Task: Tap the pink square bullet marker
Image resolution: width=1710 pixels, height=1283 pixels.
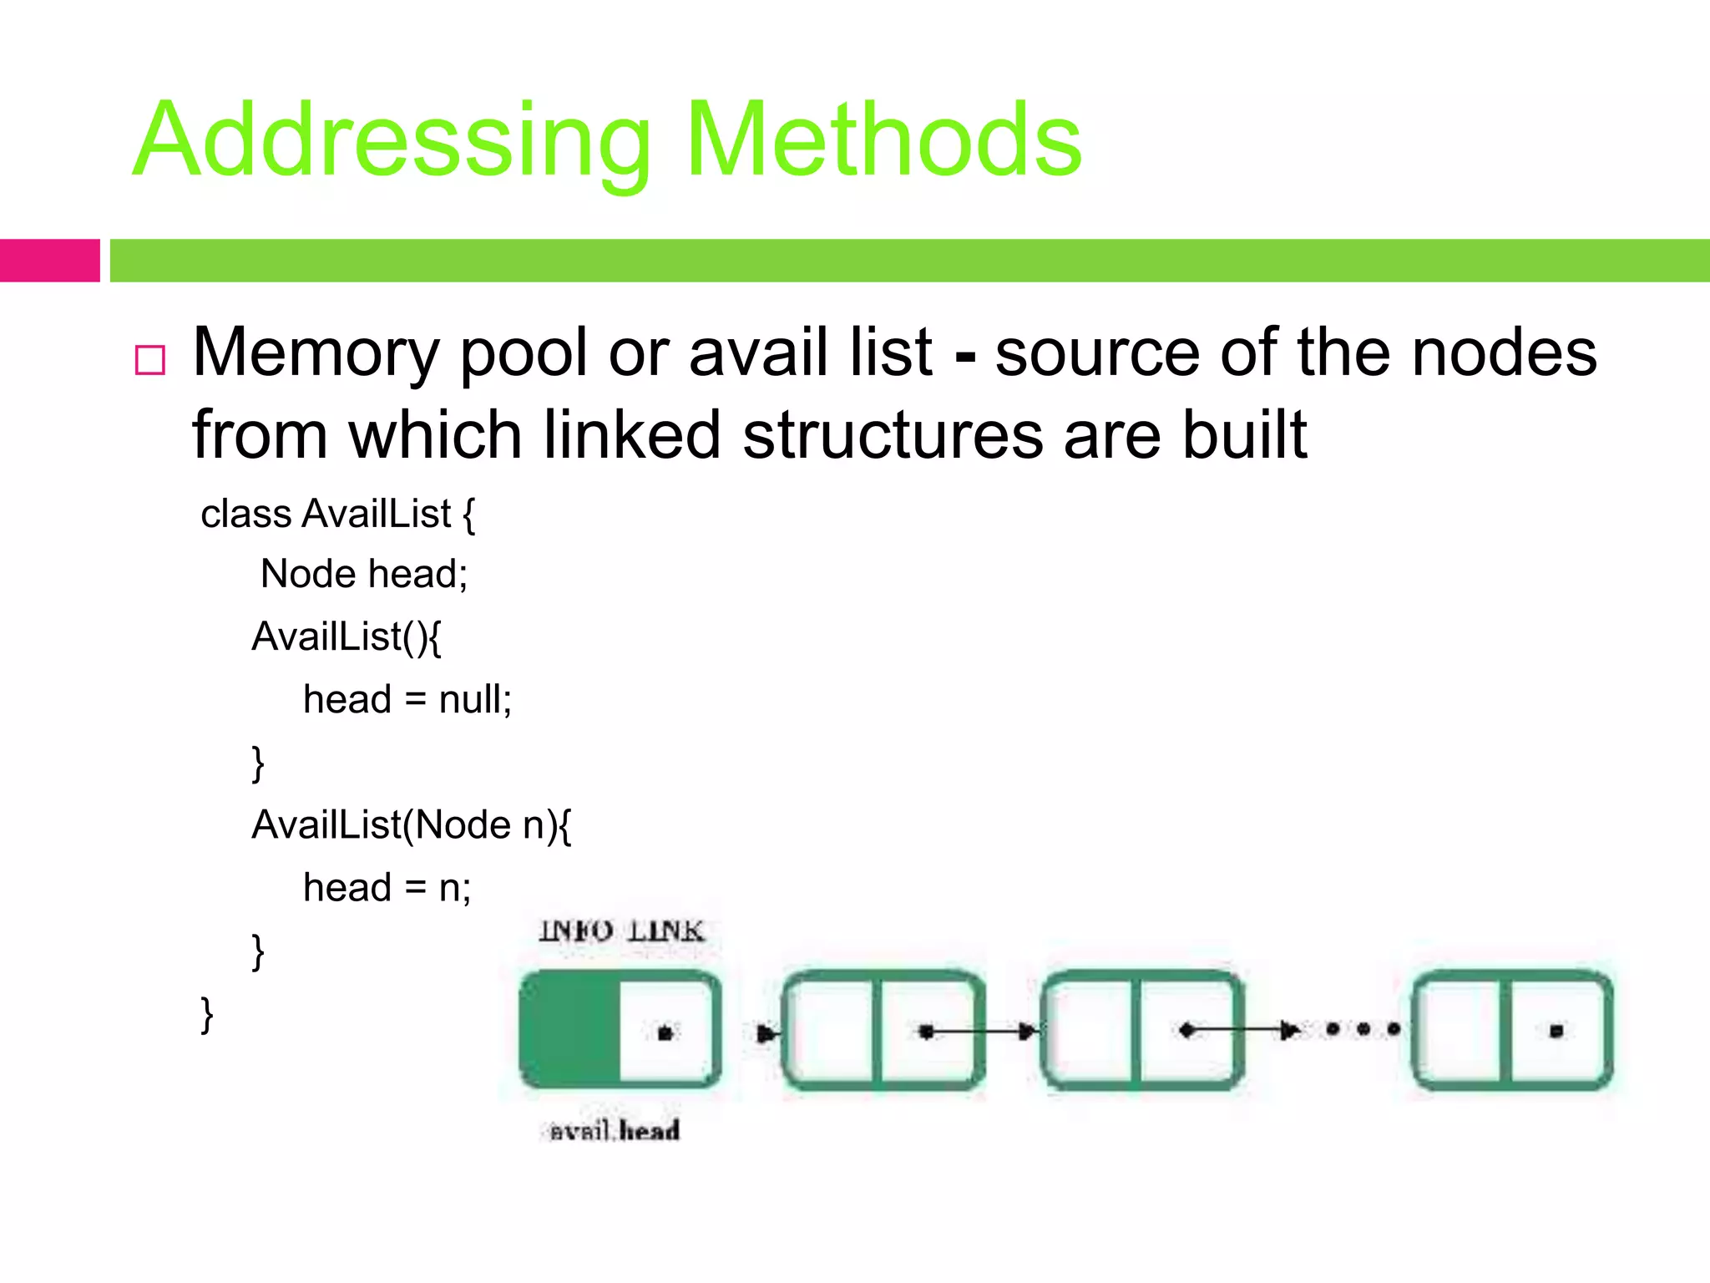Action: point(150,360)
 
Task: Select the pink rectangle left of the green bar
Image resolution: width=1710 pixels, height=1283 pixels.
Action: point(49,261)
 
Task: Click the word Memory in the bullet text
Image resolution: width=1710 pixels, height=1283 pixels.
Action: point(316,353)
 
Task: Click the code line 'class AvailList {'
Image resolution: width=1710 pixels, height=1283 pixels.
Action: point(337,513)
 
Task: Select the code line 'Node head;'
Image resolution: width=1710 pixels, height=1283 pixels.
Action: point(364,574)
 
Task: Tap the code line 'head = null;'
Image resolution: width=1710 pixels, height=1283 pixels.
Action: point(407,699)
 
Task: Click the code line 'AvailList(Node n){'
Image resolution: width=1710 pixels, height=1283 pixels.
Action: point(411,825)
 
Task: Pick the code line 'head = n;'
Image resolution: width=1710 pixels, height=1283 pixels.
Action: point(387,887)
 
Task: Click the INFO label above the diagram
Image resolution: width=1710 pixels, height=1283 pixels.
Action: point(576,931)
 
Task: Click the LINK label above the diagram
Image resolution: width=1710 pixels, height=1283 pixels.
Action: point(665,931)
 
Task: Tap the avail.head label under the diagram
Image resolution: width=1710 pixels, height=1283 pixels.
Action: point(615,1131)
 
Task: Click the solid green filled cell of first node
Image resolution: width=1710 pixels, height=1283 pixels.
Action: point(569,1030)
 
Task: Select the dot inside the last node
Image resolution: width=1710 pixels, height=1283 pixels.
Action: point(1556,1032)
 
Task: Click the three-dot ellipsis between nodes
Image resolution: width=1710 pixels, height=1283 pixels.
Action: point(1363,1029)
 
